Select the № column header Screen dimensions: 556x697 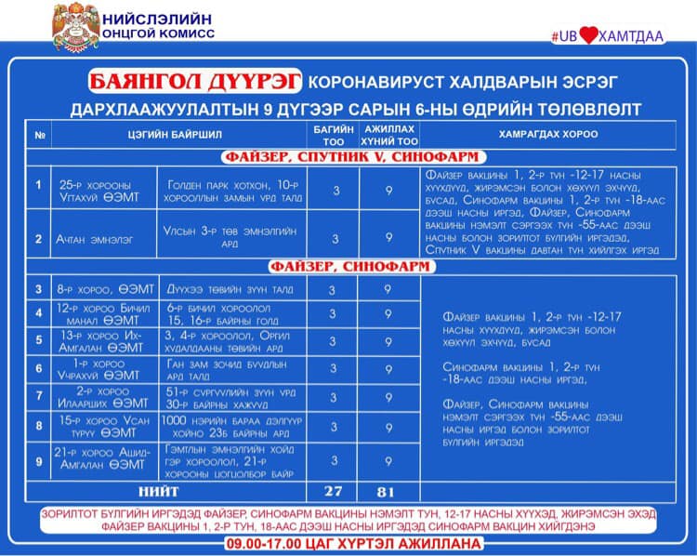point(40,135)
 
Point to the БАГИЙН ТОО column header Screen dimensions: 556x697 point(333,135)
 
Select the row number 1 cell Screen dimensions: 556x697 point(38,186)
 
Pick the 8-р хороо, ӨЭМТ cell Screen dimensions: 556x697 point(93,289)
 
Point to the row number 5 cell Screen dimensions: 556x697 point(38,339)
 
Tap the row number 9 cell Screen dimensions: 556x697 point(38,460)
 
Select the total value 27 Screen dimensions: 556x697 point(333,491)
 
